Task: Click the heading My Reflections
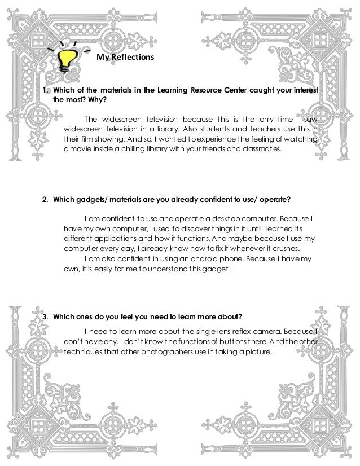coord(121,57)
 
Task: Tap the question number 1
coord(47,91)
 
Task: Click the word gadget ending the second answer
coord(217,269)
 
